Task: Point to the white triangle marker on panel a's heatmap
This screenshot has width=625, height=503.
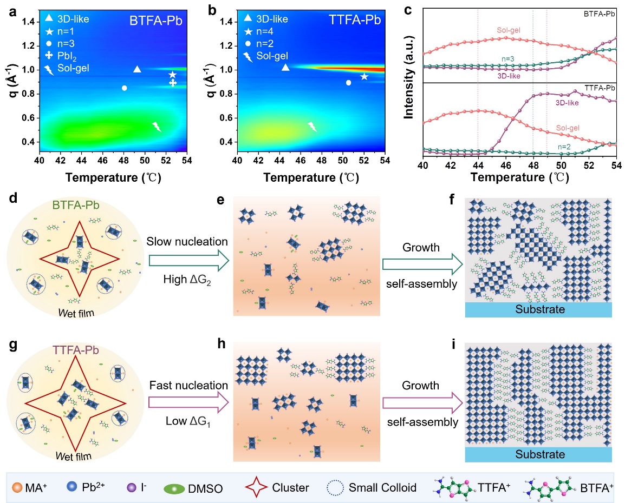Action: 137,69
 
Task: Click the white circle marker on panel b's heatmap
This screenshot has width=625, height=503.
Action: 349,83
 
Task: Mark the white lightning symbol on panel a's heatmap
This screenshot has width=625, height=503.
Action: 157,127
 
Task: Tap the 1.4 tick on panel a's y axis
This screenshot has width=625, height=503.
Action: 29,22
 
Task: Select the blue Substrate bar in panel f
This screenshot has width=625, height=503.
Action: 538,309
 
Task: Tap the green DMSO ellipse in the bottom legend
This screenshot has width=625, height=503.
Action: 174,488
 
